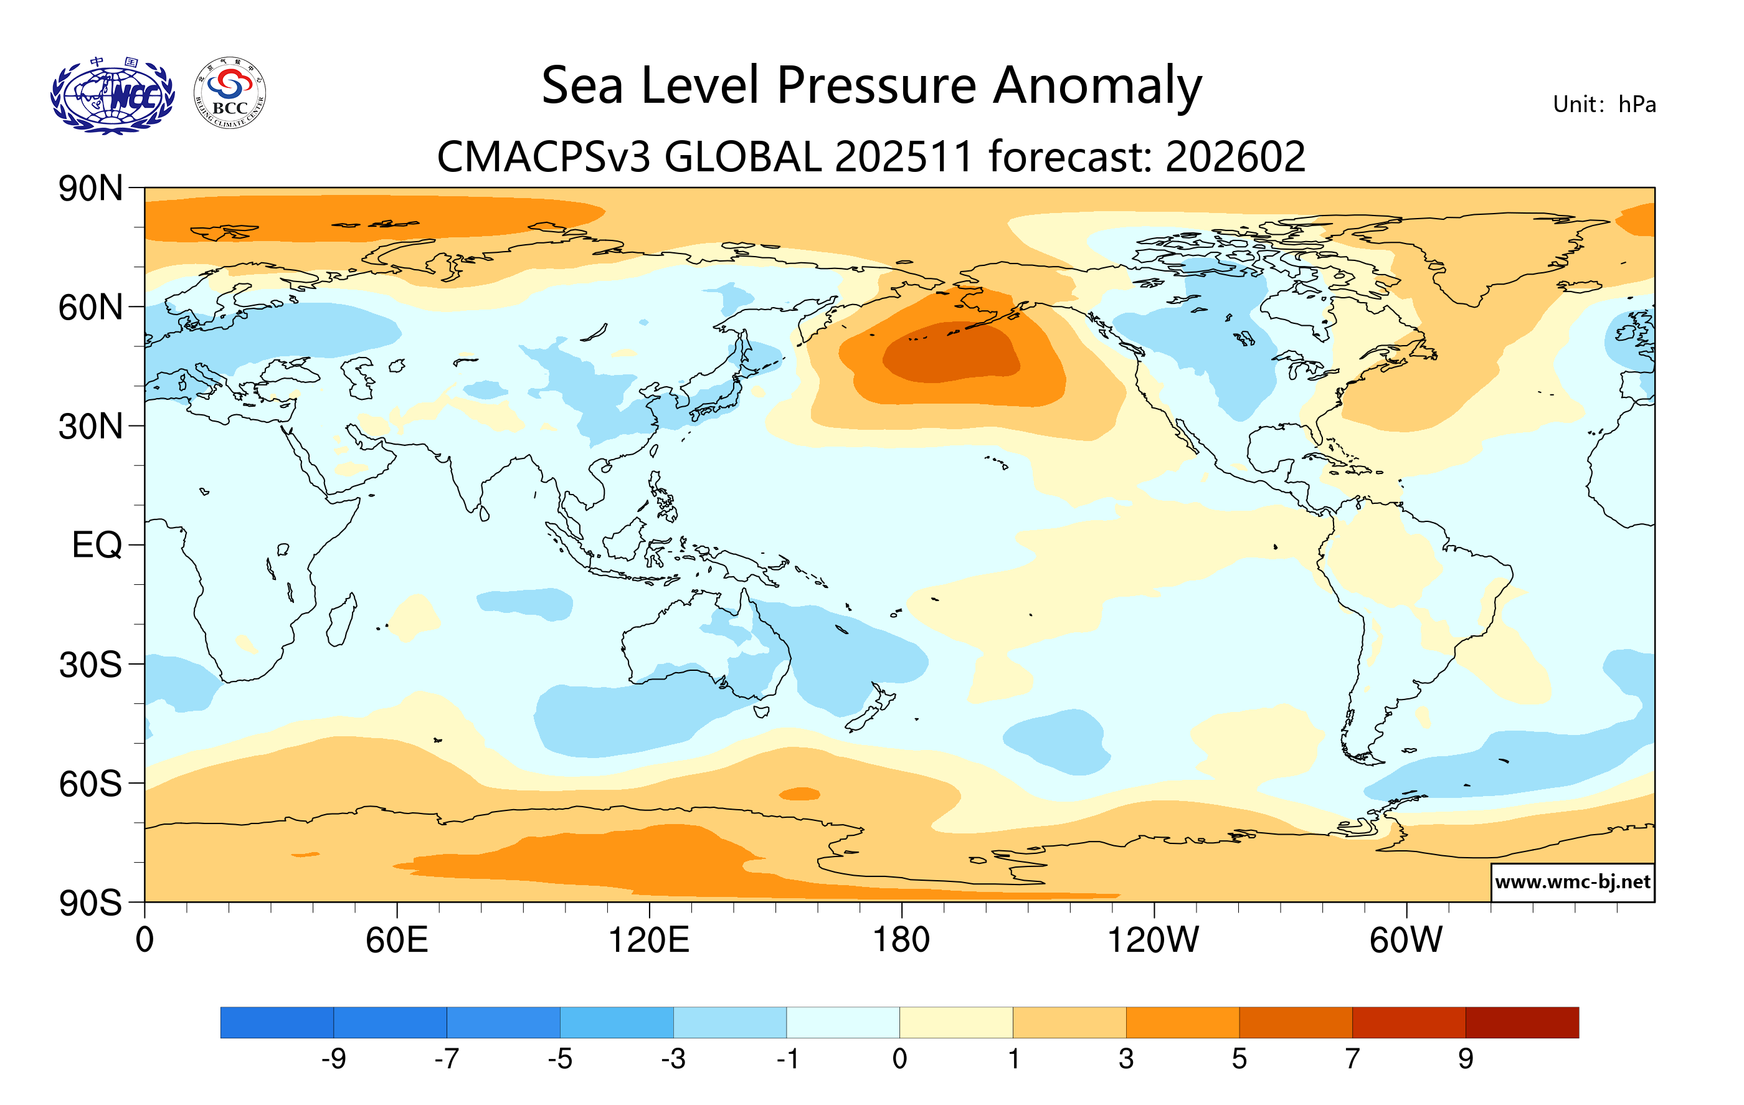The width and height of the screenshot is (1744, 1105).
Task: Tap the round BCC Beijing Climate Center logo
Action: click(230, 93)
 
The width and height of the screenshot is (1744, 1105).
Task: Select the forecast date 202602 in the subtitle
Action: click(1235, 156)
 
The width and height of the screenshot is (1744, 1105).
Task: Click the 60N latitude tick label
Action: click(90, 308)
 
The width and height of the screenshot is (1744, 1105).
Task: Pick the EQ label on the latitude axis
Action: click(97, 544)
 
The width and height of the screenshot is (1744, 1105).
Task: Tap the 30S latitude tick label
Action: click(90, 664)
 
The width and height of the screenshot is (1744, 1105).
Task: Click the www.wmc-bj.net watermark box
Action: click(1572, 882)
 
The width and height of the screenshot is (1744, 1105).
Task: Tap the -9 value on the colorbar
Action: click(333, 1060)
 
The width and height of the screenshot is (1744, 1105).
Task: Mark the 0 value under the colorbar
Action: click(899, 1060)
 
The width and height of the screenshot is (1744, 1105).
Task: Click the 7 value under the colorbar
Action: click(1352, 1060)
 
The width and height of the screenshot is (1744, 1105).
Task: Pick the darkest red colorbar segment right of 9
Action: click(1522, 1022)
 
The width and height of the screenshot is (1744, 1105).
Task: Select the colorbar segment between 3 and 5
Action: click(1182, 1022)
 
